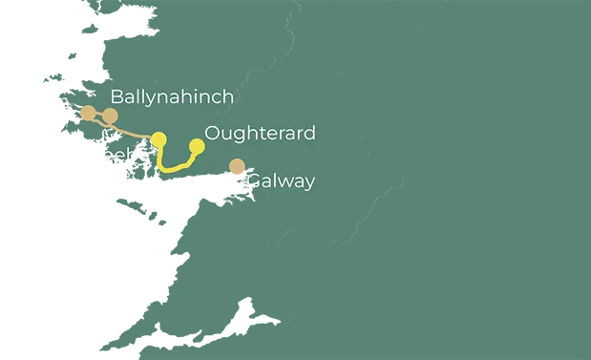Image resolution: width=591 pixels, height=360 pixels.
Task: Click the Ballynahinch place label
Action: click(172, 97)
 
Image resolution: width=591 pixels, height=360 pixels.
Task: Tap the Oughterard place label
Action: click(260, 134)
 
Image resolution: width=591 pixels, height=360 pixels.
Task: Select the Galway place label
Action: click(281, 181)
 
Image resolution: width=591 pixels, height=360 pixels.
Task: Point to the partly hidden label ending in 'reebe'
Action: click(126, 156)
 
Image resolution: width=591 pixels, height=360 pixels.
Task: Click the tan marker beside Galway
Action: click(237, 167)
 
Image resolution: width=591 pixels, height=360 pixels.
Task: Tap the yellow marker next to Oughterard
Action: click(197, 146)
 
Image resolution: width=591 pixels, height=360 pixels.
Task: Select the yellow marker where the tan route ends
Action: click(158, 139)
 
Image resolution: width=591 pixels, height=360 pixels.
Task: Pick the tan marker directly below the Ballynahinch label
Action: click(110, 116)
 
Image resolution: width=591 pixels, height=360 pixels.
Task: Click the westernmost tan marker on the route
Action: click(88, 113)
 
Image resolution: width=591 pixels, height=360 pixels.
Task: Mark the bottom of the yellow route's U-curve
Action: click(171, 169)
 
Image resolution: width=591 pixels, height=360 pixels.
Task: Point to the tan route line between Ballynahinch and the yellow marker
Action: click(135, 130)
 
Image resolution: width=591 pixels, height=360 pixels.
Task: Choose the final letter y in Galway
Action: click(308, 183)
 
